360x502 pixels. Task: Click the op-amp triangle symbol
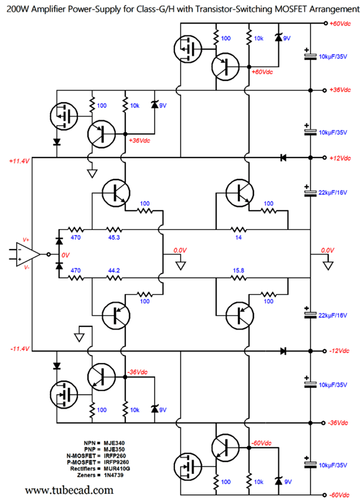click(x=28, y=255)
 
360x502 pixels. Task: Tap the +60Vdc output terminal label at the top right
click(x=340, y=24)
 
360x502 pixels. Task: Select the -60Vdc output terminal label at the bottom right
click(x=339, y=495)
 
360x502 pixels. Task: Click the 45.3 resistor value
click(x=114, y=237)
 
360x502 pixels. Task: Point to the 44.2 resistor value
click(x=114, y=270)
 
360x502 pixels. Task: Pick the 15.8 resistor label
click(x=239, y=270)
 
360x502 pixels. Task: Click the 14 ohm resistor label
click(x=239, y=237)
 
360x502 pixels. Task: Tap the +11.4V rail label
click(x=19, y=161)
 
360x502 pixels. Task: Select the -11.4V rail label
click(x=20, y=349)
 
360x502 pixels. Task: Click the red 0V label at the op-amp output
click(x=65, y=255)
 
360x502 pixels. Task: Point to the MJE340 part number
click(x=114, y=443)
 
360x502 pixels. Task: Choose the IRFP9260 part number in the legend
click(x=116, y=462)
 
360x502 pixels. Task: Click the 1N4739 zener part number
click(x=113, y=475)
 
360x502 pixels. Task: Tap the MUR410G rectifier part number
click(x=116, y=469)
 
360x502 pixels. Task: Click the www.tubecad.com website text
click(x=69, y=490)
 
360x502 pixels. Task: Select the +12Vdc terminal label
click(x=340, y=158)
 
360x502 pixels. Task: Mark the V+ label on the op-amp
click(x=26, y=239)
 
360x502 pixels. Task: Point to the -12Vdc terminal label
click(x=339, y=351)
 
